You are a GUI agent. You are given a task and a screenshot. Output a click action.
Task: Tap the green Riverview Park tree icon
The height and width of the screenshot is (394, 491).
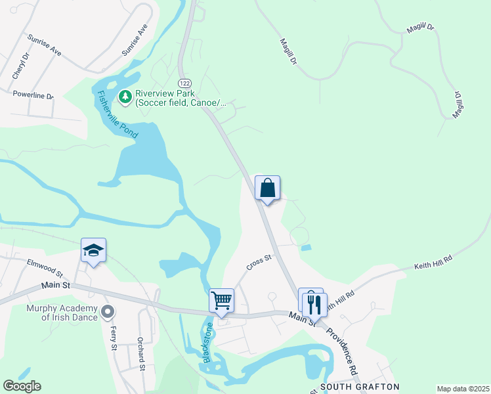[x=125, y=97]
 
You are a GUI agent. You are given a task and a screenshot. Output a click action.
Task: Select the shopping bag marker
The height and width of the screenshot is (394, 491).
[x=268, y=188]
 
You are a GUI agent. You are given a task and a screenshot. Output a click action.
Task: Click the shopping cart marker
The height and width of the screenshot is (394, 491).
[x=222, y=301]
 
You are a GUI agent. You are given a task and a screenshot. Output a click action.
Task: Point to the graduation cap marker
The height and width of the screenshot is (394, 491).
[x=94, y=250]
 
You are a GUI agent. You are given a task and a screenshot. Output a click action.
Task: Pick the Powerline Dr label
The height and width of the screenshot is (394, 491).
[x=33, y=95]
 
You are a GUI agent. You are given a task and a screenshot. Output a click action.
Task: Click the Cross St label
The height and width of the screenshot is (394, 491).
[x=259, y=263]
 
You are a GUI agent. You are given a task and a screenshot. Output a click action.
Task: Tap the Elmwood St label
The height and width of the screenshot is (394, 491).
[x=44, y=267]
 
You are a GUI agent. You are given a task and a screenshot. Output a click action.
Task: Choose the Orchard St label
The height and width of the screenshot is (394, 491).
[x=140, y=355]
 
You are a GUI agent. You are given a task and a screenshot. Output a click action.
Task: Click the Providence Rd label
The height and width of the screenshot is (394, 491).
[x=343, y=351]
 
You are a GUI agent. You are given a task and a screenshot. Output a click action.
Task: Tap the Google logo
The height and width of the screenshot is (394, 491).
[x=22, y=386]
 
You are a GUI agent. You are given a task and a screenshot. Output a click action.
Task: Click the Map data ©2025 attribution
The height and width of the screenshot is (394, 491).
[x=462, y=389]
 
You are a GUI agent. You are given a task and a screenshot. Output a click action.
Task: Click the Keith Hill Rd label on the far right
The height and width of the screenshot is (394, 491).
[x=433, y=263]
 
